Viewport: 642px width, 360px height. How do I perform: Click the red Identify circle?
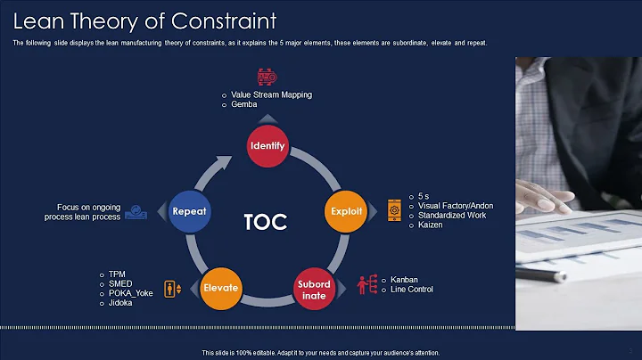pos(267,145)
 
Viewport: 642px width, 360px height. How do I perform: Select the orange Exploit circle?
pos(345,211)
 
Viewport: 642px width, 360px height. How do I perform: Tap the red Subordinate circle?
pos(314,290)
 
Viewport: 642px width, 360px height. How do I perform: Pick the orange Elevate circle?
pos(220,288)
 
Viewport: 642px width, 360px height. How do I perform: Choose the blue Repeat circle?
pos(190,211)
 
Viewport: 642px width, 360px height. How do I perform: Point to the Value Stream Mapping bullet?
pos(271,94)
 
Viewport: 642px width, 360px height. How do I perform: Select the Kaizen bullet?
pos(431,225)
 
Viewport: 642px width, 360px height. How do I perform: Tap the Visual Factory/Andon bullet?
pos(456,206)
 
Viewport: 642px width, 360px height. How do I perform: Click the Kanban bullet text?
pos(405,280)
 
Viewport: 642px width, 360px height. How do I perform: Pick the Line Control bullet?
pos(412,290)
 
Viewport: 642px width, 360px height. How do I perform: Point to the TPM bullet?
pos(116,274)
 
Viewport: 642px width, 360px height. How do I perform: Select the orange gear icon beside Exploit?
pos(394,211)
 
